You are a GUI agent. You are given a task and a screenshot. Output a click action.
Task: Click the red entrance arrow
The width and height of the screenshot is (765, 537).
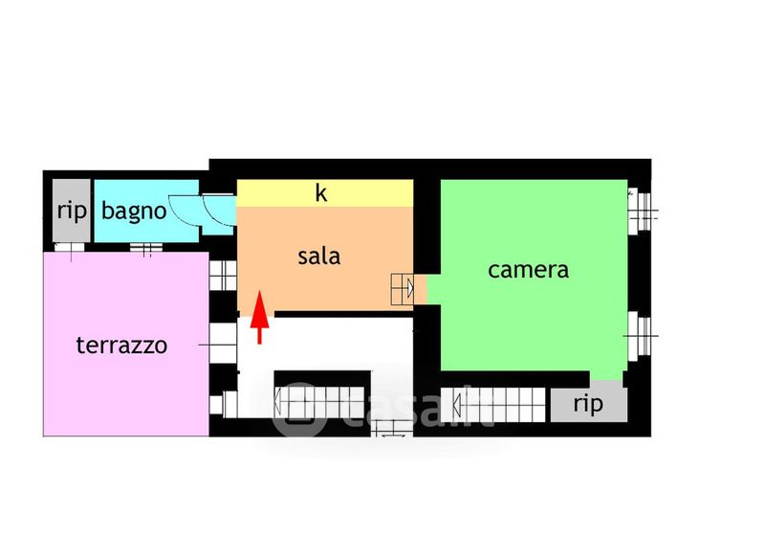click(258, 320)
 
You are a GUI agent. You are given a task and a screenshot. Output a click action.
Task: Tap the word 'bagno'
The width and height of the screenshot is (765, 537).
click(134, 211)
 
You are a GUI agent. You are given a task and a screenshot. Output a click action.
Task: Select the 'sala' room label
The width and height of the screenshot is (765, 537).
click(319, 257)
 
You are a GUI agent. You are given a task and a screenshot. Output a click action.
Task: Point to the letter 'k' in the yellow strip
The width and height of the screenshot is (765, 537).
click(322, 193)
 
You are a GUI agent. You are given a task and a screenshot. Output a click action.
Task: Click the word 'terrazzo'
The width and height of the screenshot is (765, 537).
click(121, 345)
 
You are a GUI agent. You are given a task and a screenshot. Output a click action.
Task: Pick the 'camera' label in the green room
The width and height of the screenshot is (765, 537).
click(528, 270)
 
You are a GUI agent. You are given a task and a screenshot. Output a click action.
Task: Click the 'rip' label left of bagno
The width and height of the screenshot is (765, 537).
click(72, 211)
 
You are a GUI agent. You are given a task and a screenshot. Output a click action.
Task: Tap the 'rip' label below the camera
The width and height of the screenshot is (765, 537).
click(588, 404)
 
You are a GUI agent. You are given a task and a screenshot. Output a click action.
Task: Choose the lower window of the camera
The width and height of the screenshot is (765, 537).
click(640, 334)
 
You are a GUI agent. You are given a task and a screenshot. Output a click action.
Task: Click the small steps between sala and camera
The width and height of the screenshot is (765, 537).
click(402, 286)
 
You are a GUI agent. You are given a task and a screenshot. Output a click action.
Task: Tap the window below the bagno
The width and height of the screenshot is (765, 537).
click(146, 249)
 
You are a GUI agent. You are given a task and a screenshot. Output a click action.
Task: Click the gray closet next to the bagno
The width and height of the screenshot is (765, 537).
click(71, 212)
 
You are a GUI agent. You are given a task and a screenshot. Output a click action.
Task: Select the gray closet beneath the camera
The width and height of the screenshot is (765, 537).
click(589, 404)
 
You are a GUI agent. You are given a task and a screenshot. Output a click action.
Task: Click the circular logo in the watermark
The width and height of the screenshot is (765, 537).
click(299, 411)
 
